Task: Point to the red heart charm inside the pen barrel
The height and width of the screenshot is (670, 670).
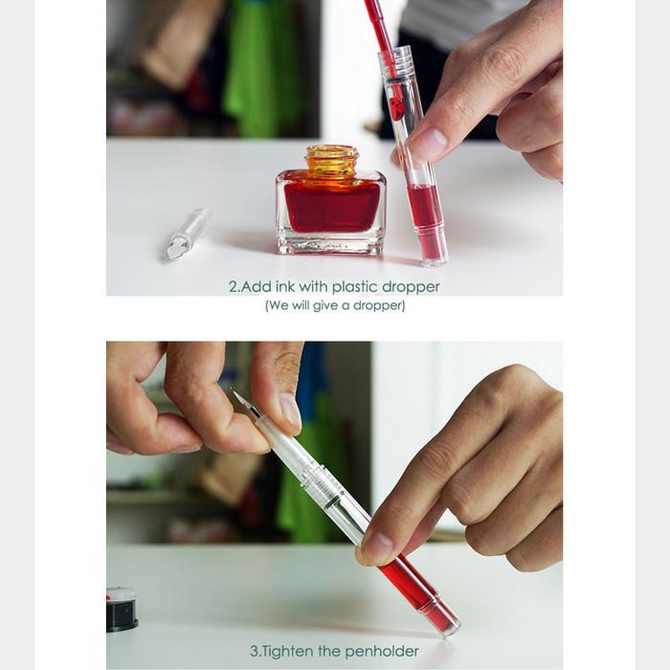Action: click(395, 108)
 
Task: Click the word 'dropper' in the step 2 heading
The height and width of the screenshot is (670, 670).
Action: click(411, 287)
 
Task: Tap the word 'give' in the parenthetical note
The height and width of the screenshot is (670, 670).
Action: click(326, 306)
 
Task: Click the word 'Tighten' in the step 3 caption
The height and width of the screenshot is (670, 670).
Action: click(287, 651)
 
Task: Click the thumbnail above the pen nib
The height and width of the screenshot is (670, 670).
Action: click(290, 411)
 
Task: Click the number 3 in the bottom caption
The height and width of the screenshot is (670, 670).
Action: click(254, 652)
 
